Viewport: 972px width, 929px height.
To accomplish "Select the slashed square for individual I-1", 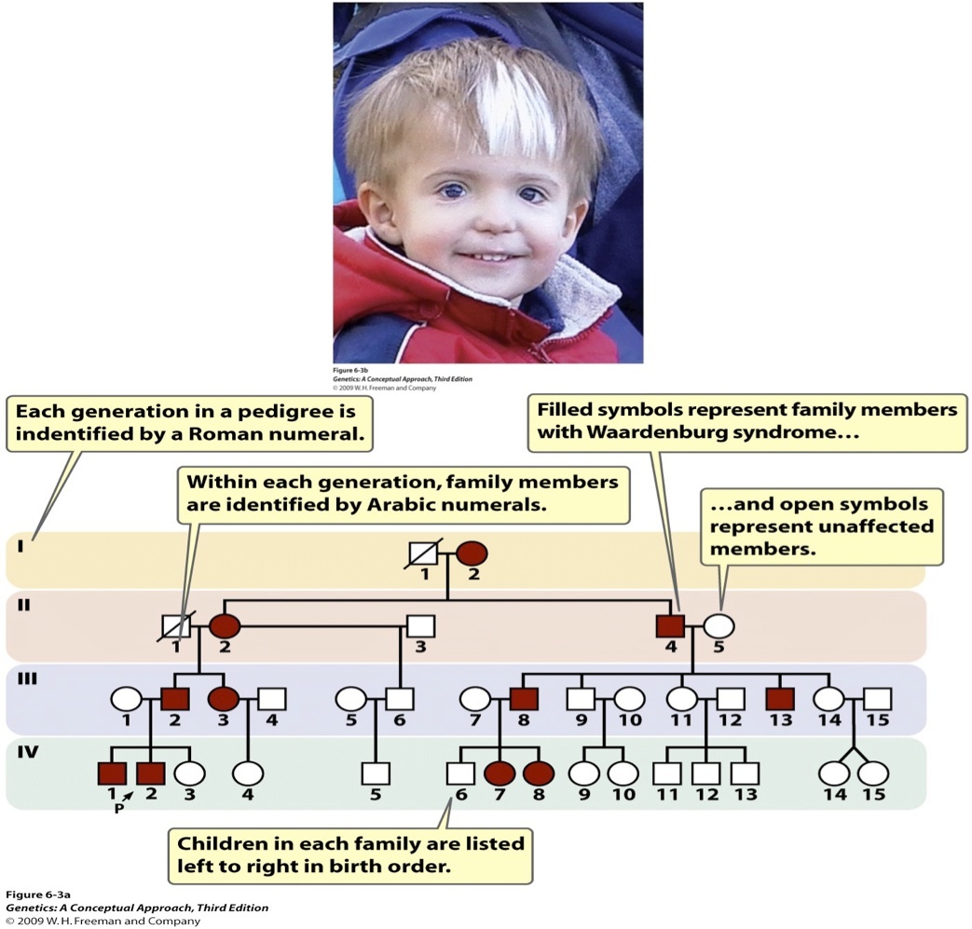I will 424,553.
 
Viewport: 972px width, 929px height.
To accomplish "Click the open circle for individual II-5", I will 719,626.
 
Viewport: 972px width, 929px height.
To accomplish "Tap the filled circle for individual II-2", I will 224,626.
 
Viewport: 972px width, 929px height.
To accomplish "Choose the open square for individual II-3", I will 420,626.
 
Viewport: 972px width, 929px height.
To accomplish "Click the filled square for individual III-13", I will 780,699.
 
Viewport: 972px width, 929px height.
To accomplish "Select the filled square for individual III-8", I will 523,699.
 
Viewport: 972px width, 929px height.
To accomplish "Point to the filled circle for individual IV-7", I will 499,772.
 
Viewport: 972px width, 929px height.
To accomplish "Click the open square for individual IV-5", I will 376,772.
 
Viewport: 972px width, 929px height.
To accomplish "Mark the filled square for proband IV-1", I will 112,772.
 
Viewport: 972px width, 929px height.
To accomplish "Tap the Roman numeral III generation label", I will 28,678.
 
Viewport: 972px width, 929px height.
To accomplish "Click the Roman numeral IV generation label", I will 29,751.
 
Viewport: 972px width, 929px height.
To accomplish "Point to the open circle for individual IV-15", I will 873,772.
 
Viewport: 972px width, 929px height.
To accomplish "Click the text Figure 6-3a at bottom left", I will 32,895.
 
